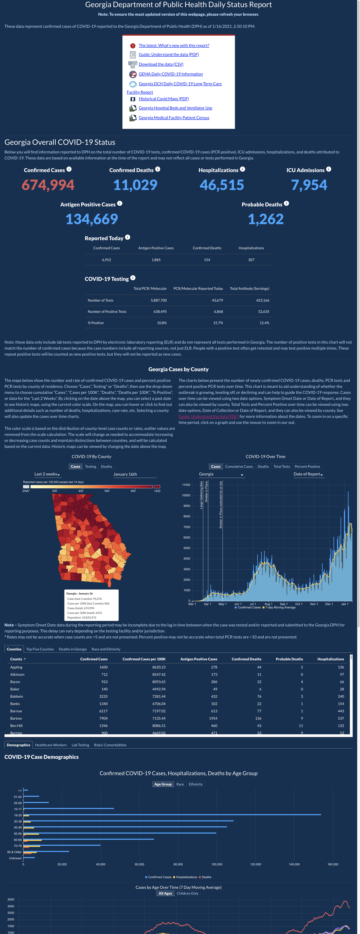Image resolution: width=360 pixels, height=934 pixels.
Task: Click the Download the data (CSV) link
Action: [161, 64]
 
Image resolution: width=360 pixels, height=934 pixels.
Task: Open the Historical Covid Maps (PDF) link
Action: [164, 99]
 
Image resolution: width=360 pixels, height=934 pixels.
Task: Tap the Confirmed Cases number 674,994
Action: [48, 185]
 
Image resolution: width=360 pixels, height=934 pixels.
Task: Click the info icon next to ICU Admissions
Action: [328, 169]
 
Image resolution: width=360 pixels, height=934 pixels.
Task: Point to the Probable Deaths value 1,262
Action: [266, 219]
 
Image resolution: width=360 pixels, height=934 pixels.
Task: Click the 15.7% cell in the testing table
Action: [218, 323]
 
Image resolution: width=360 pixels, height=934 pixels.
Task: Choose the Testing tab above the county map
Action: [91, 467]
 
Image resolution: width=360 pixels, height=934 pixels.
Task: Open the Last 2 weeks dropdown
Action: [47, 474]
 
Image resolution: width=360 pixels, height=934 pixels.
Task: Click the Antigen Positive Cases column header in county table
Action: [199, 659]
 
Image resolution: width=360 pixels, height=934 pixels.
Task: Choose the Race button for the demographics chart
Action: [180, 784]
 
